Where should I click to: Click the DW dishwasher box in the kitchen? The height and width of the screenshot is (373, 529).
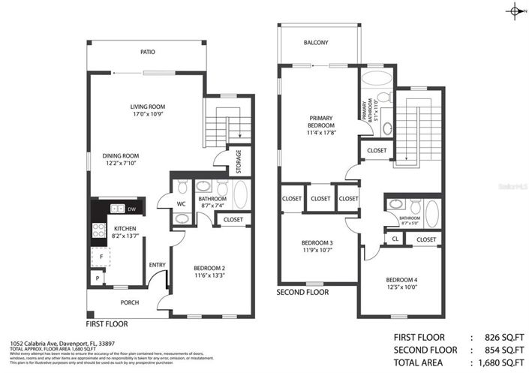[132, 209]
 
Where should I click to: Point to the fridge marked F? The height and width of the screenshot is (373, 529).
[101, 256]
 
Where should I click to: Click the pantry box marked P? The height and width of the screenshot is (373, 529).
[97, 278]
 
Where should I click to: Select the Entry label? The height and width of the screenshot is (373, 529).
[157, 264]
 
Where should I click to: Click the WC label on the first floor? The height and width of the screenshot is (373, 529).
[182, 203]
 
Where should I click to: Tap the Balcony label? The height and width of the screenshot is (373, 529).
[316, 43]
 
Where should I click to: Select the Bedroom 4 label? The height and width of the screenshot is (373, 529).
[401, 281]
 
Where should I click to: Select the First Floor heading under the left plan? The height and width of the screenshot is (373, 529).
[107, 324]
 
